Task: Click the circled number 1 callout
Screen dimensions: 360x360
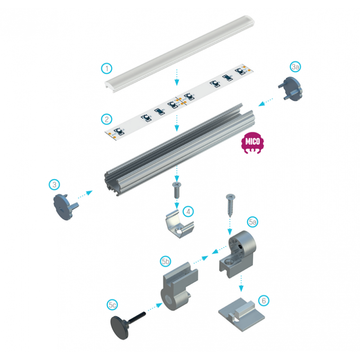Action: tap(107, 68)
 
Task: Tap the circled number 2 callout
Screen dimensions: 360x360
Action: tap(107, 119)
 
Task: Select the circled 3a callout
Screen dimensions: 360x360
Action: tap(295, 67)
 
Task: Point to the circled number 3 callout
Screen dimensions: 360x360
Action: tap(54, 184)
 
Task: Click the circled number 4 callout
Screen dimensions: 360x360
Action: tap(188, 211)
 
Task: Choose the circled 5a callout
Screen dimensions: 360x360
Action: tap(252, 222)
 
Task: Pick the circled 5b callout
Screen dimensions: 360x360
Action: tap(166, 261)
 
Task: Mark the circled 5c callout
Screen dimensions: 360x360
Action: tap(112, 305)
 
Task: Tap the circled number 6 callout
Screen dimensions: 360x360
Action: tap(264, 301)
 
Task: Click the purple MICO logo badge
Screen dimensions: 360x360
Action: tap(252, 143)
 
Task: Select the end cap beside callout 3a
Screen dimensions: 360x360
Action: tap(291, 89)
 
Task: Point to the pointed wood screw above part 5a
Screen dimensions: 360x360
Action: tap(230, 206)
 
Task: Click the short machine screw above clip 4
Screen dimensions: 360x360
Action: tap(176, 190)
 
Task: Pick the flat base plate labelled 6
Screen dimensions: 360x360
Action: tap(241, 314)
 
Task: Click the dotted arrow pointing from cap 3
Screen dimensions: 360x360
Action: tap(85, 194)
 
